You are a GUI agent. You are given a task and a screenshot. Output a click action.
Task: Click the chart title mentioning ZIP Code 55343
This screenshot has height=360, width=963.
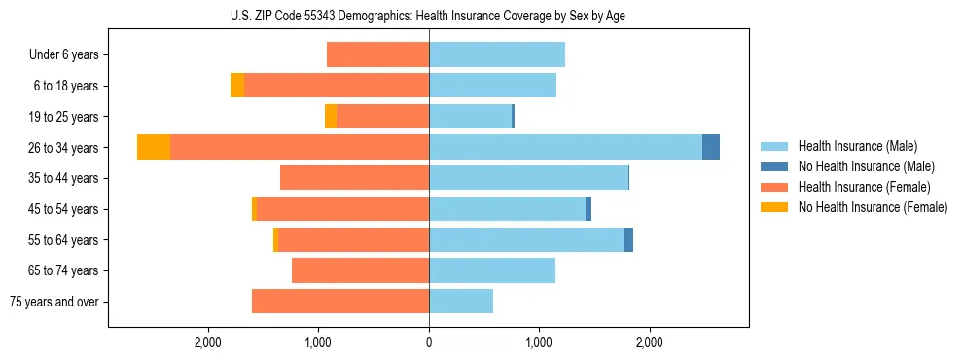pos(429,16)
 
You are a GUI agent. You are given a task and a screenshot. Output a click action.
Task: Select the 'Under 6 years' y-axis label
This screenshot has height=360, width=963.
pos(64,55)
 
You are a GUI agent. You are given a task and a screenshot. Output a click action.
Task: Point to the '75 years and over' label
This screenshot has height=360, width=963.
pos(53,302)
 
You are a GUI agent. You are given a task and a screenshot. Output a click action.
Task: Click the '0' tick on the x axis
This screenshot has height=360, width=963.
pos(429,342)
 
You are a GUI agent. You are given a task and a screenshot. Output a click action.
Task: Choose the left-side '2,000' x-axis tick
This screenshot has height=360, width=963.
pos(209,342)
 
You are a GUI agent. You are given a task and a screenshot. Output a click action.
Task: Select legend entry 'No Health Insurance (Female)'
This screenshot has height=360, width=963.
pos(873,207)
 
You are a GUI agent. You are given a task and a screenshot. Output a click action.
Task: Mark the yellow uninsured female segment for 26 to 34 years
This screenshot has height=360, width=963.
pos(154,147)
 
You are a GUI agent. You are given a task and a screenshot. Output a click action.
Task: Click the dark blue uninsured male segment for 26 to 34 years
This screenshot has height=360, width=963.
pos(711,147)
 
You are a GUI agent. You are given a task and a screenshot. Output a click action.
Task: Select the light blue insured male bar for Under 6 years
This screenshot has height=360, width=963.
pos(497,54)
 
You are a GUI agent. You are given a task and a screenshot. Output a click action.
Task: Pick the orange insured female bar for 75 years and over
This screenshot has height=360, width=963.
pos(340,302)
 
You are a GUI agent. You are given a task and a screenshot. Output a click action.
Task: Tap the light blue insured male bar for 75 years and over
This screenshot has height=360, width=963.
pos(461,302)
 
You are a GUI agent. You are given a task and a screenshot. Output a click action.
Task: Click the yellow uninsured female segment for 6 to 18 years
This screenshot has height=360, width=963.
pos(237,86)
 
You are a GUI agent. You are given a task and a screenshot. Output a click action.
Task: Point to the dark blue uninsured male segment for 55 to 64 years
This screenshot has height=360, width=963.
pos(628,239)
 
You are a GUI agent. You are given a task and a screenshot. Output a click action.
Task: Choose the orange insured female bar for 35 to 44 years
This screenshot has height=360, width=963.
pos(355,178)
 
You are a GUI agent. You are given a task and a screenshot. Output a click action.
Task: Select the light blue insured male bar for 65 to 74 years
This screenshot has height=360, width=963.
pos(492,270)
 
